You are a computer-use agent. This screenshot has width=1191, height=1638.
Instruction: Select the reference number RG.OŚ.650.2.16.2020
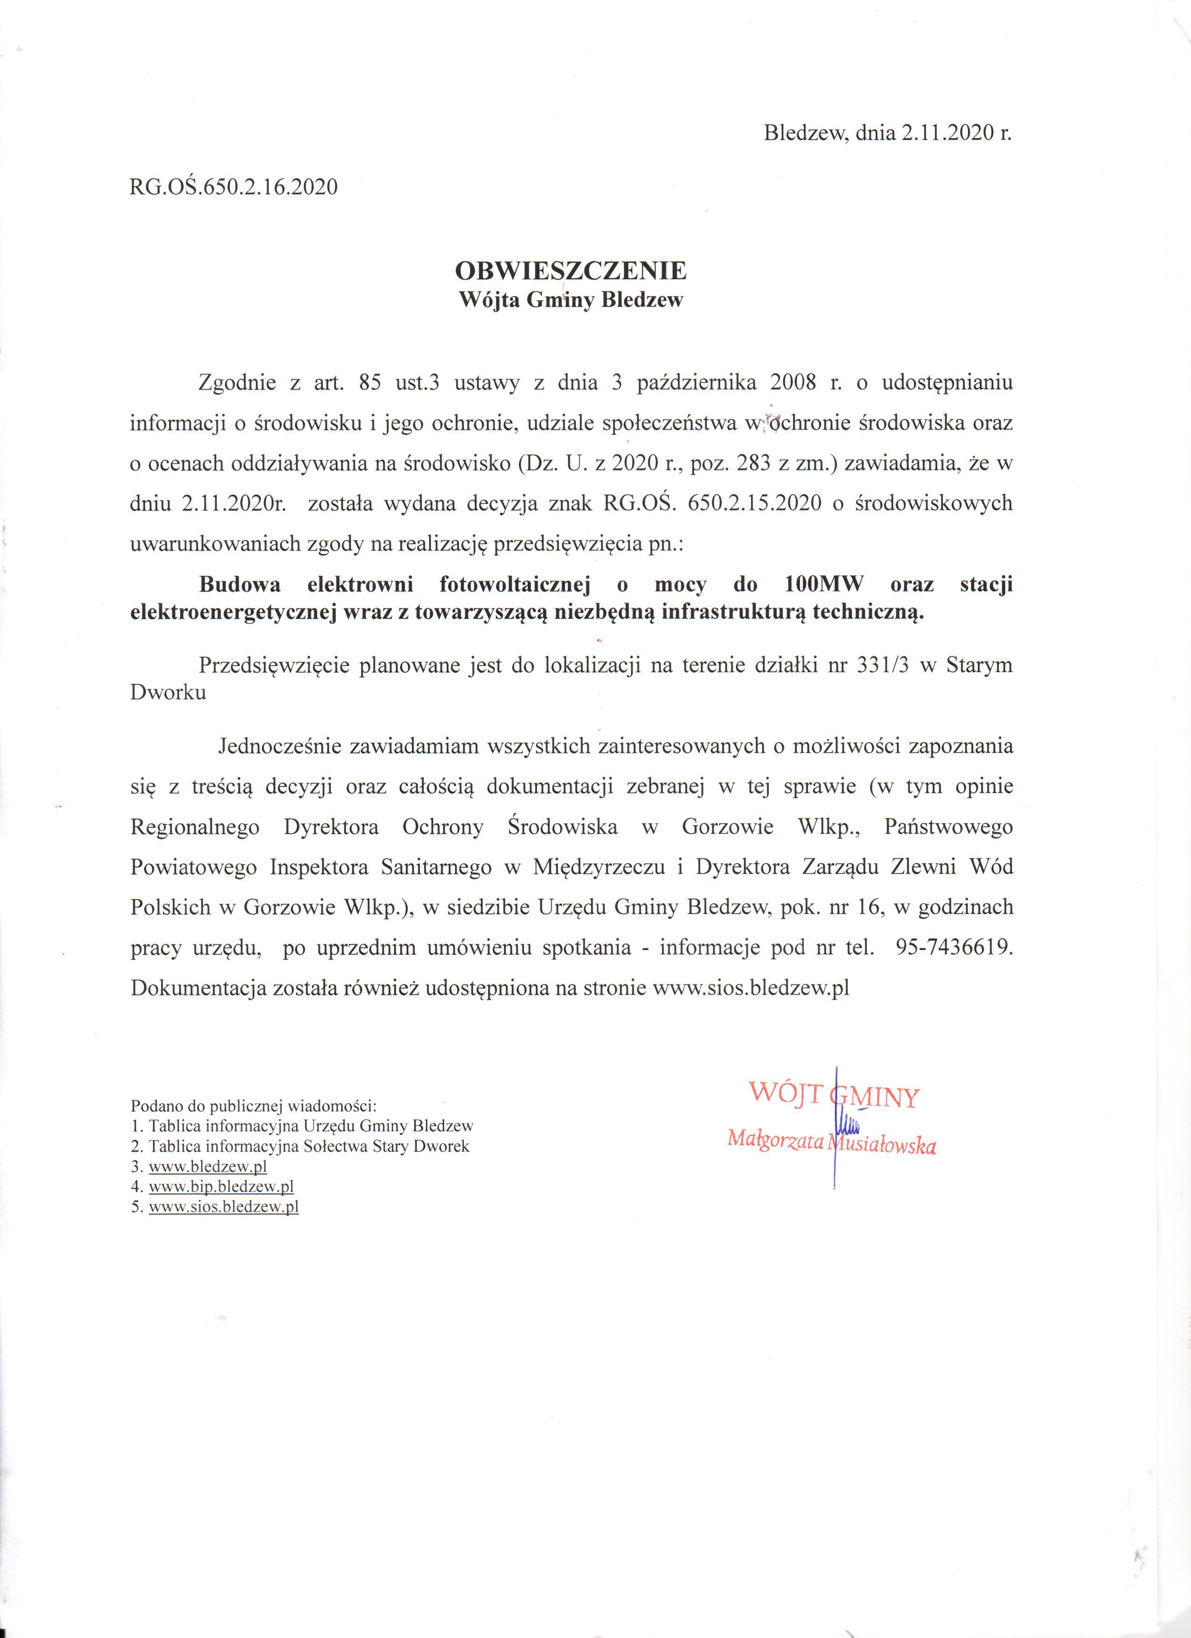coord(233,187)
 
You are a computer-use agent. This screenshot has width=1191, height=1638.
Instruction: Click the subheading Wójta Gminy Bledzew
coord(571,300)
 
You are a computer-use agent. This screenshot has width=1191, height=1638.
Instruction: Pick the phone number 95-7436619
coord(953,948)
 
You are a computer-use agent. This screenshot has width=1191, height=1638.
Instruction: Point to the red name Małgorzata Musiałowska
coord(831,1142)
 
